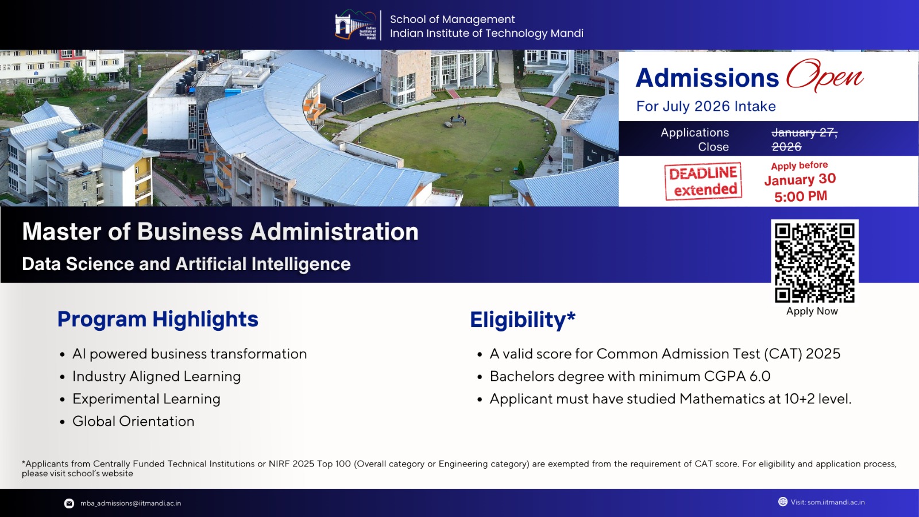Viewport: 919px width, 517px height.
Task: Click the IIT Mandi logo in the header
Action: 356,25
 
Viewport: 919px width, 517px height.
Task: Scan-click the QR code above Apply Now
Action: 814,263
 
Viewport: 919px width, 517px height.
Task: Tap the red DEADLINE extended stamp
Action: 703,182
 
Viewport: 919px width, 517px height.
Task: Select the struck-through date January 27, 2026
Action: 804,140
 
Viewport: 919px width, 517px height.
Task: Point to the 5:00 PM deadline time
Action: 801,196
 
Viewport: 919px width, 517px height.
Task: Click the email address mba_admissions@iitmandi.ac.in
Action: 130,503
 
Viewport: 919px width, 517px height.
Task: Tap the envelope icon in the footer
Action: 69,503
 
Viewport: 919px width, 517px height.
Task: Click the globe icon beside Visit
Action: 782,501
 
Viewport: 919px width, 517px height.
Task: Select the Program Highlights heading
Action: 158,319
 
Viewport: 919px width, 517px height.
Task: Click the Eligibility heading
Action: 522,320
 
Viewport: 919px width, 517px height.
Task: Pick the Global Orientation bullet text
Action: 133,422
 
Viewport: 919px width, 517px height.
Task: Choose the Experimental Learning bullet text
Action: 146,399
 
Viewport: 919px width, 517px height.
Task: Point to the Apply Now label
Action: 812,311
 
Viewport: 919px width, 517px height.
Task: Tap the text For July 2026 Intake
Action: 706,106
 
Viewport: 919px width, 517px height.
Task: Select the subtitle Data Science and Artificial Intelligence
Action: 186,264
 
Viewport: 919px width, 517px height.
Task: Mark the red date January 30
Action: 800,180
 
